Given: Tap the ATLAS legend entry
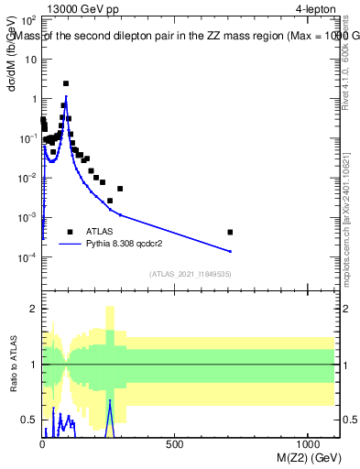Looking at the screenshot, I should coord(100,232).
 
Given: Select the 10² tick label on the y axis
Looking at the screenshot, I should coord(28,19).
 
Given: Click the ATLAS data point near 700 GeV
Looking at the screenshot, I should coord(230,232).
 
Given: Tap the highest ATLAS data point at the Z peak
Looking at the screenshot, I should coord(66,83).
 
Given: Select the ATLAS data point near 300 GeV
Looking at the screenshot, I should coord(120,189).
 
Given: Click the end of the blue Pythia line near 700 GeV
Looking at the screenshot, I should coord(230,251).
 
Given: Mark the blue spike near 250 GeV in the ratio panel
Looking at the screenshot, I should coord(110,402).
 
